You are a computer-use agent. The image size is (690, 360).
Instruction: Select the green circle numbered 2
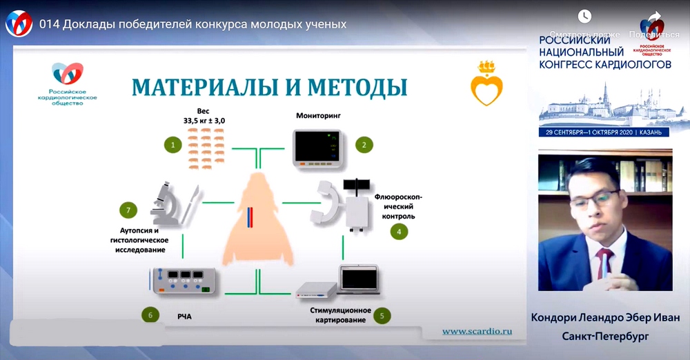click(364, 145)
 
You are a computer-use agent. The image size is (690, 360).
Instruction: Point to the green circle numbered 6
click(150, 316)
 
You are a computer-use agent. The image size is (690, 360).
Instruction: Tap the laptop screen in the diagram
click(358, 279)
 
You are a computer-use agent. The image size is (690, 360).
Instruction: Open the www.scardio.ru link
click(477, 331)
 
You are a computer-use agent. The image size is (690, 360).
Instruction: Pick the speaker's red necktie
click(605, 266)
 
